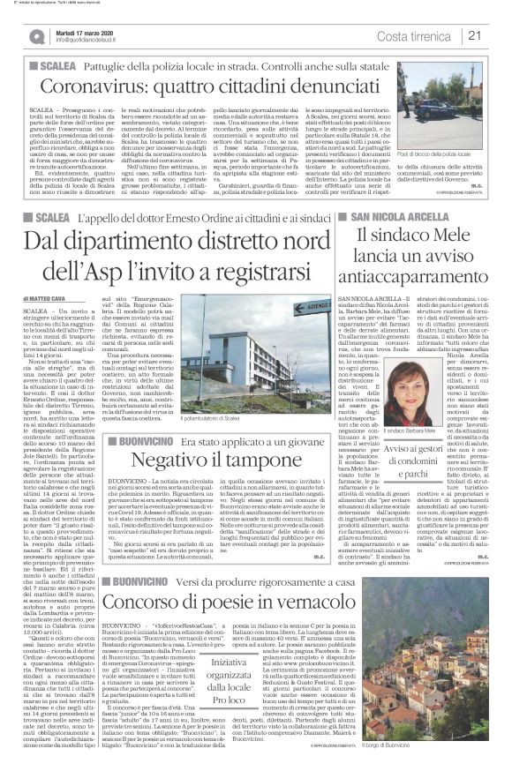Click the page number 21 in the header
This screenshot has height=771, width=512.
pos(497,35)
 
